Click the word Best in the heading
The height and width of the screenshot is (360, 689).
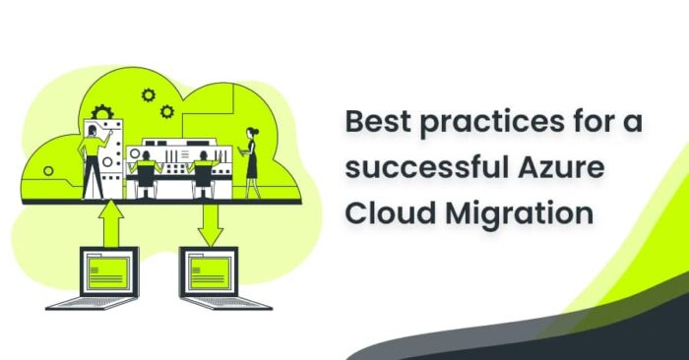[375, 124]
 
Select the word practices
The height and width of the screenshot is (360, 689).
[478, 124]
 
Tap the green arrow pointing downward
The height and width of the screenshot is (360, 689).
[209, 225]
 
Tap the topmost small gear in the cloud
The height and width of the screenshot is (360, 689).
[149, 95]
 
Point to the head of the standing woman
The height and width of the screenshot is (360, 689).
[250, 132]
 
